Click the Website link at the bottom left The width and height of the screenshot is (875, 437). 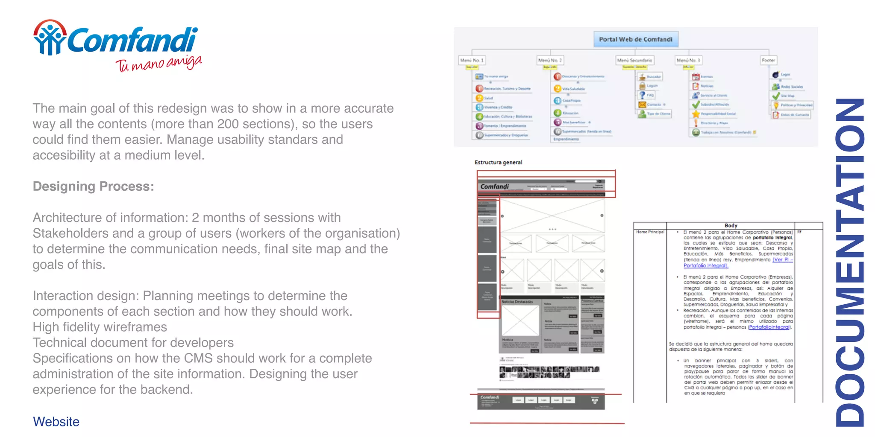pos(56,422)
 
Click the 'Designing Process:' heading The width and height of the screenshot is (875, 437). pos(93,186)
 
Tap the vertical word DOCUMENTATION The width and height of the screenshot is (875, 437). pos(850,262)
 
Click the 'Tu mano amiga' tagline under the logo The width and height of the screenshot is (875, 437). pos(159,64)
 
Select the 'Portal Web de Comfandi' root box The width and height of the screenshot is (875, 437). pos(635,39)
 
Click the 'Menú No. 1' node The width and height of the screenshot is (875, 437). pos(472,60)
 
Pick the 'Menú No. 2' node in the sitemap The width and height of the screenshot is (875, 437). pos(550,60)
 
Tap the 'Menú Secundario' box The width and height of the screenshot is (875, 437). pos(634,60)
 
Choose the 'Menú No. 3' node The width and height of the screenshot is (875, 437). pos(688,60)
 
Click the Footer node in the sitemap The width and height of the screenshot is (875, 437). pos(768,60)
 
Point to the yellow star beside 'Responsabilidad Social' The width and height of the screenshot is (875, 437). pos(696,114)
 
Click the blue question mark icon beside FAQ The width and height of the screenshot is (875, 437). pos(642,95)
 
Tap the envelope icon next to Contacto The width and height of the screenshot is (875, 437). pos(642,105)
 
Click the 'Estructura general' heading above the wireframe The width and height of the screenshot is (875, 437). pos(498,163)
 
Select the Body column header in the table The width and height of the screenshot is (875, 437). pos(731,225)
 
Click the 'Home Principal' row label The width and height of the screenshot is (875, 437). pos(650,232)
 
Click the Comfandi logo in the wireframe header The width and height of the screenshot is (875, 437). pos(494,186)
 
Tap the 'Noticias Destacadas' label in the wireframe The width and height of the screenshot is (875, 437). pos(517,302)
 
